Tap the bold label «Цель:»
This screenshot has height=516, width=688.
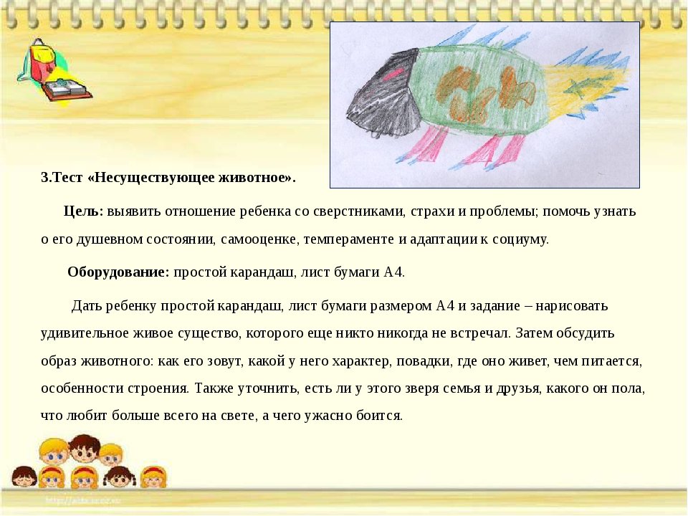pyautogui.click(x=83, y=211)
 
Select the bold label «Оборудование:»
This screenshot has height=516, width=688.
pyautogui.click(x=118, y=272)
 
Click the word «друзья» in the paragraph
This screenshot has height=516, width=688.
pyautogui.click(x=517, y=389)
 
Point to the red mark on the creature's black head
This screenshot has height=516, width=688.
pyautogui.click(x=391, y=77)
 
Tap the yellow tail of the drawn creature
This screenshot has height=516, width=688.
pyautogui.click(x=578, y=90)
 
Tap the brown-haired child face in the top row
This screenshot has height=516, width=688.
pyautogui.click(x=85, y=449)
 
